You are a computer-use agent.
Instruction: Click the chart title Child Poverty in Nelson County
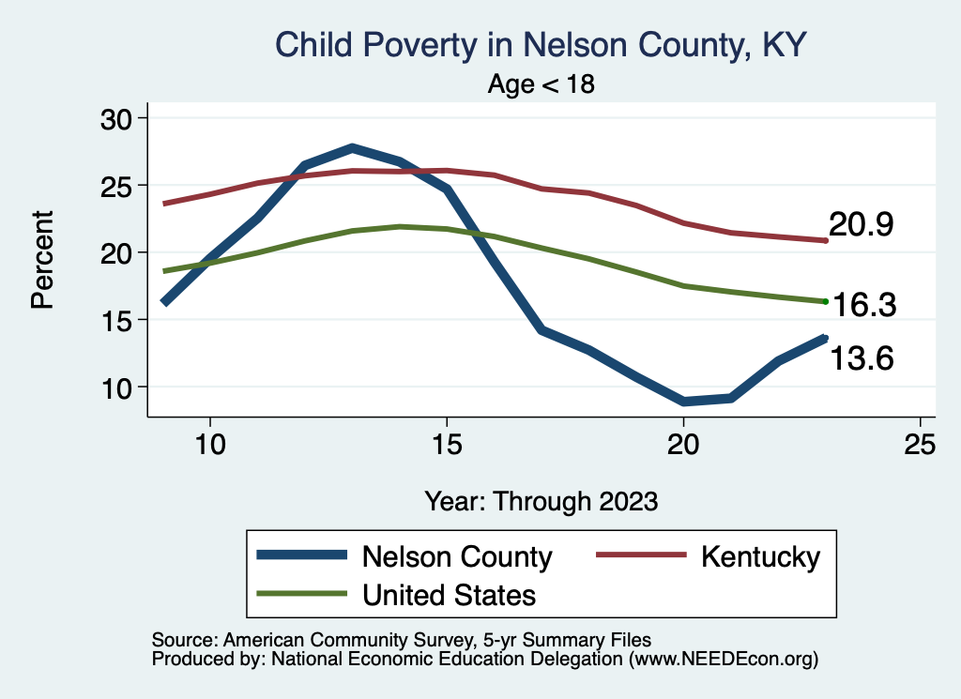click(541, 45)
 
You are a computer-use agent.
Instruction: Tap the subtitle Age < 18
click(542, 84)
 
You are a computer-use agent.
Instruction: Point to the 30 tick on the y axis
click(118, 118)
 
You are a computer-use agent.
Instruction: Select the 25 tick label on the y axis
click(118, 186)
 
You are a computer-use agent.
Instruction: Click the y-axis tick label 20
click(118, 252)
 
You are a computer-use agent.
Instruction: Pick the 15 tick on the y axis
click(118, 320)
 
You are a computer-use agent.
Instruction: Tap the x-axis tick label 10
click(209, 444)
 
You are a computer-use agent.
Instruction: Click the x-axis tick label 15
click(447, 444)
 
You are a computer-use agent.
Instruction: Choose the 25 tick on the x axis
click(921, 444)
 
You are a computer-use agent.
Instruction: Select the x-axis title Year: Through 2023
click(541, 500)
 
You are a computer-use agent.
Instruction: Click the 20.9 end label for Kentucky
click(860, 225)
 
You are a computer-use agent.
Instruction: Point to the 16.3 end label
click(865, 305)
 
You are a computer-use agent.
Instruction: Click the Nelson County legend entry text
click(457, 557)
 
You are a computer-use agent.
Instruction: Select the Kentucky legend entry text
click(760, 557)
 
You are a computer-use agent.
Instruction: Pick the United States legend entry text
click(449, 595)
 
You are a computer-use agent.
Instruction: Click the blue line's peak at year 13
click(352, 147)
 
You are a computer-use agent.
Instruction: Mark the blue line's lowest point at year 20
click(683, 402)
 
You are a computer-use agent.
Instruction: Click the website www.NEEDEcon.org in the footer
click(722, 660)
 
